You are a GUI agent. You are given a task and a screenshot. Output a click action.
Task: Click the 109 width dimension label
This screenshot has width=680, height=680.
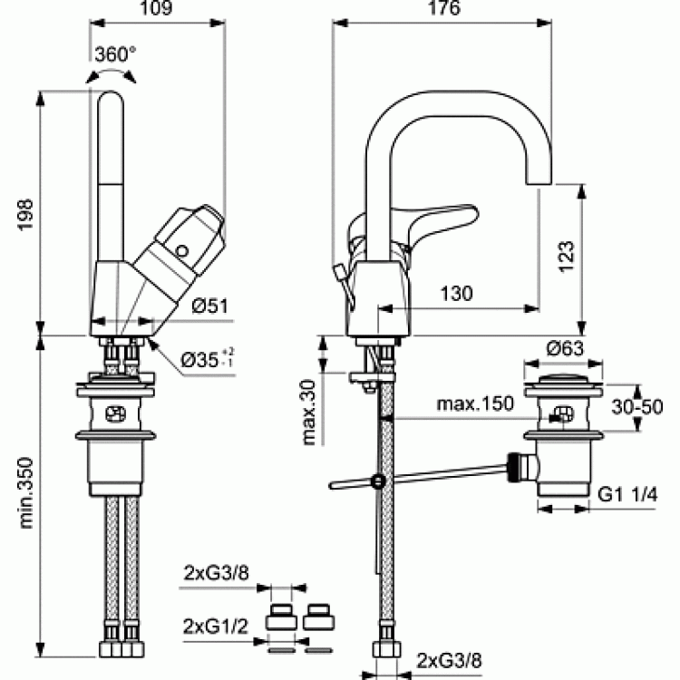coord(156,8)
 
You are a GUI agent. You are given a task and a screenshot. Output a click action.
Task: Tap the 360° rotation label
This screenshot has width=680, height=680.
coord(115,54)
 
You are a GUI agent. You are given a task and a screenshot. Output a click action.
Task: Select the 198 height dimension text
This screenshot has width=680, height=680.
coord(24,215)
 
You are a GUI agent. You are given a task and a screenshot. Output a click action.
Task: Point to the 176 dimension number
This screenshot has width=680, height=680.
coord(443,8)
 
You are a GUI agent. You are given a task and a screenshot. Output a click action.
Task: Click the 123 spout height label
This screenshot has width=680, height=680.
coord(567,256)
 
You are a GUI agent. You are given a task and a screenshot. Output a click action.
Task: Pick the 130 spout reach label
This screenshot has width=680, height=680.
coord(456,294)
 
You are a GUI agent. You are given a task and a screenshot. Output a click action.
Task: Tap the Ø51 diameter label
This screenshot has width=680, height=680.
coord(210,306)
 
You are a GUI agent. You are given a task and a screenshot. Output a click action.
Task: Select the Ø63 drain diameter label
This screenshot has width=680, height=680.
coord(565,348)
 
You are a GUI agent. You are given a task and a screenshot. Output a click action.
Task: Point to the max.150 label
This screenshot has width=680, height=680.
coord(475,403)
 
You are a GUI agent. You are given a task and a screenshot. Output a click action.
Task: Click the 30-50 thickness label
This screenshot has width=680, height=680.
coord(637,407)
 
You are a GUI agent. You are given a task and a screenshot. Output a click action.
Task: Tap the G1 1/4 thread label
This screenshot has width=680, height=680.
coord(627,494)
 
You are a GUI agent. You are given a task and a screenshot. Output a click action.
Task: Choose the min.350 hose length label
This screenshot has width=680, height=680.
coord(26,492)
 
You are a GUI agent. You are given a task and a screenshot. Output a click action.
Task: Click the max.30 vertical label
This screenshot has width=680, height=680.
coord(309,413)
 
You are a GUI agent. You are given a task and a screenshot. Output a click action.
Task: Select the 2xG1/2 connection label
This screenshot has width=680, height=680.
coord(216,627)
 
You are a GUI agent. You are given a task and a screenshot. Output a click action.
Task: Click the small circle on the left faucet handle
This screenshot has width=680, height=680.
coord(181,251)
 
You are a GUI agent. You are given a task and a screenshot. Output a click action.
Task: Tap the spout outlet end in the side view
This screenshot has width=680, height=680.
coord(539,182)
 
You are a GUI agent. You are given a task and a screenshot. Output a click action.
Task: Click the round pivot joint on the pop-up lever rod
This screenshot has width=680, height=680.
coord(379,481)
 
